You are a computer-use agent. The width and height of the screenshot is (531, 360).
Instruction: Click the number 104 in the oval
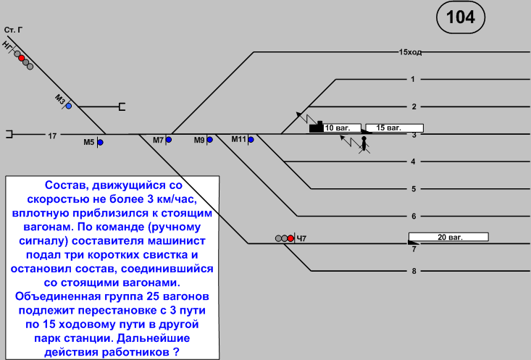tap(461, 17)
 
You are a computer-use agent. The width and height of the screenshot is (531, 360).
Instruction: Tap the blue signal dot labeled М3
tap(69, 106)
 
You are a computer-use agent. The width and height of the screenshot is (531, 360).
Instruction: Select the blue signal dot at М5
tap(100, 143)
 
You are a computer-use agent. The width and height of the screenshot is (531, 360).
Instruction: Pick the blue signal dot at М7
tap(169, 140)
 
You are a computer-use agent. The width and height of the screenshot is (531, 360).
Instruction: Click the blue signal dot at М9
tap(209, 140)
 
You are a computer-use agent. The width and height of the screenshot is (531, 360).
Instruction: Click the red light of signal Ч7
tap(290, 238)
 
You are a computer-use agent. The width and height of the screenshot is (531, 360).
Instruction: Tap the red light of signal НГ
tap(22, 58)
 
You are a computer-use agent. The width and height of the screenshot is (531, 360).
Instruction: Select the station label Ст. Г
tap(13, 30)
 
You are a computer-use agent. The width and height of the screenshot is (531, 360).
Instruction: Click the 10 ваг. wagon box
tap(341, 127)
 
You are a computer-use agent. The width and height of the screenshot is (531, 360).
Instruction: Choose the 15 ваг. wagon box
tap(394, 127)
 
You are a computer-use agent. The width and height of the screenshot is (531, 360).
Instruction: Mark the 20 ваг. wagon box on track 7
tap(449, 236)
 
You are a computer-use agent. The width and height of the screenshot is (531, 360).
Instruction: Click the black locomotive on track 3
tap(316, 127)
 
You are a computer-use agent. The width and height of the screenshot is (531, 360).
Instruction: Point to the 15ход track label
tap(410, 52)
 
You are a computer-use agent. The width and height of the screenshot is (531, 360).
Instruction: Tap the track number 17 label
tap(52, 135)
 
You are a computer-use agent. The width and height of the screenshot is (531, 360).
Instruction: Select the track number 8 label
tap(414, 272)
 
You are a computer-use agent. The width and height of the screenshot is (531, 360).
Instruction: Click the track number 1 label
tap(412, 79)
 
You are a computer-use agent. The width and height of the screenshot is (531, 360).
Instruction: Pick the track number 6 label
tap(414, 216)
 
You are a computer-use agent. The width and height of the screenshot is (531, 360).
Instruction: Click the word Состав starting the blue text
tap(67, 186)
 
